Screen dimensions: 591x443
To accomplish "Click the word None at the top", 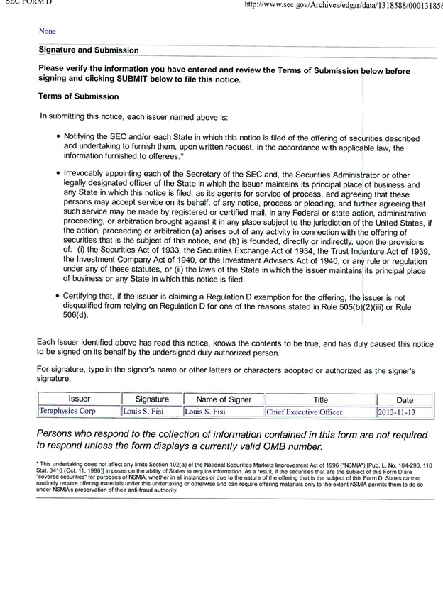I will pos(48,31).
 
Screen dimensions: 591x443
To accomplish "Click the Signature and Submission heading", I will pos(89,50).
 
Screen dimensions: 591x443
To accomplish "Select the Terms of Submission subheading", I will pos(79,96).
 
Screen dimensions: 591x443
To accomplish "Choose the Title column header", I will pos(319,399).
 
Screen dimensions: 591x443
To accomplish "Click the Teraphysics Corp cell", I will pos(68,412).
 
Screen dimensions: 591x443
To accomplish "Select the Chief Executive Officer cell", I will pos(305,412).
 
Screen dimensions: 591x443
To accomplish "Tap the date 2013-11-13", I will pos(397,412).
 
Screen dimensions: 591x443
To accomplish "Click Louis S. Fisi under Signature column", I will pos(144,412).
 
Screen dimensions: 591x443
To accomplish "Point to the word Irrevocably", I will pos(87,174).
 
